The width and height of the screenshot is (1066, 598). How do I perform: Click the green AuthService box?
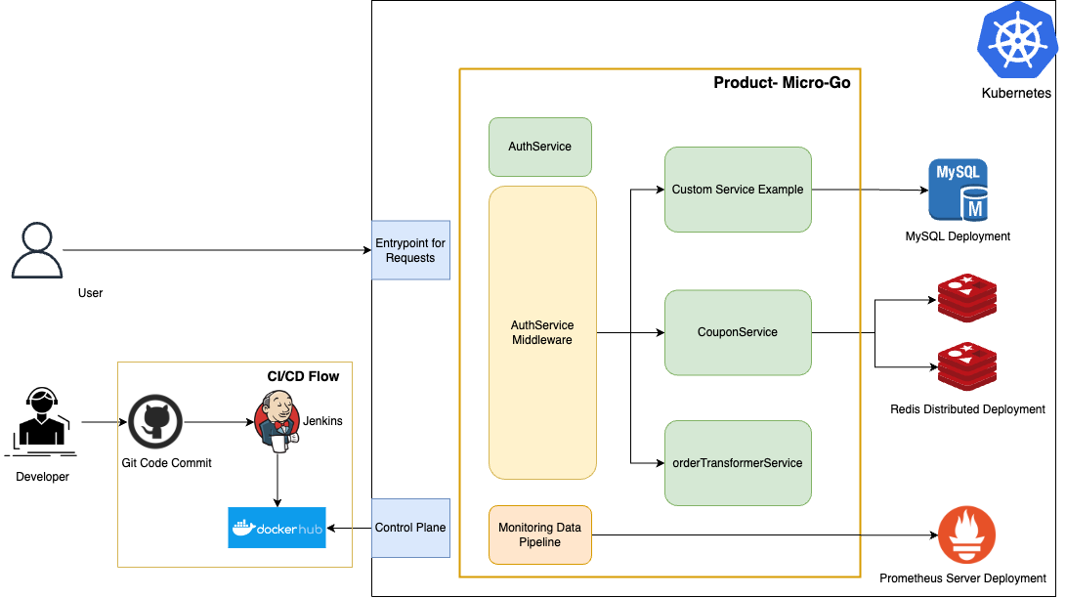pos(539,147)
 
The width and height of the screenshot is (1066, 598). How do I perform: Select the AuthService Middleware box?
pos(542,332)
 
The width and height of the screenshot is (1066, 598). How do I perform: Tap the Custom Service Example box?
pos(738,190)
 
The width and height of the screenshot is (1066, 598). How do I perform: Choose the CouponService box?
pos(738,332)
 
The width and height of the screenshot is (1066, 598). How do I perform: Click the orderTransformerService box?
pos(738,463)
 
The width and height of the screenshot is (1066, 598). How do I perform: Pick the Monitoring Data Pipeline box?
pos(539,534)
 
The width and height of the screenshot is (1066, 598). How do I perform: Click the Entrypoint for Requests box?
pos(410,250)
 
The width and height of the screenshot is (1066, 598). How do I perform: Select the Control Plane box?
pos(410,528)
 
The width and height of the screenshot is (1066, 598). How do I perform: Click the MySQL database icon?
pos(958,192)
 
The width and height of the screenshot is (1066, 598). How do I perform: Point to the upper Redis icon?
pos(966,299)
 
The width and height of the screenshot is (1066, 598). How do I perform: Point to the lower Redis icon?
pos(966,366)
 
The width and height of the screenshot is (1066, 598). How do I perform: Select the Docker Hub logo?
pos(277,528)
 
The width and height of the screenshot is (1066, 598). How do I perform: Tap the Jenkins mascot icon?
pos(277,422)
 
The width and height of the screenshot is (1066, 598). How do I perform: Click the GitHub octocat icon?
pos(156,422)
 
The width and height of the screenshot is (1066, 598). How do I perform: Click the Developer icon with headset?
pos(41,422)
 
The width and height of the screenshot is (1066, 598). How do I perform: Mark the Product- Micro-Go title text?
pos(782,83)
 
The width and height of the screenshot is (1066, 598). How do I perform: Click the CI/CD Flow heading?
pos(303,376)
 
